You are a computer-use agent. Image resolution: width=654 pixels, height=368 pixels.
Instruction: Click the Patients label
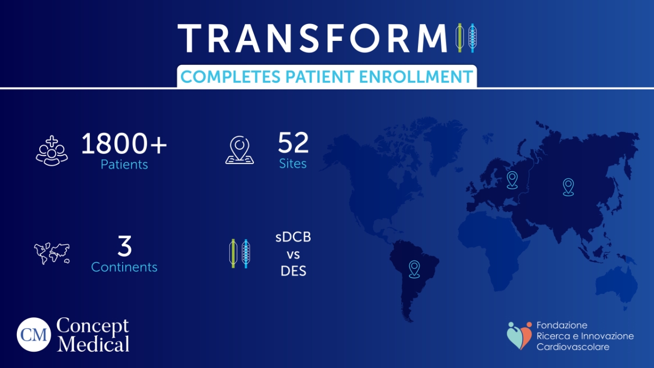tap(124, 164)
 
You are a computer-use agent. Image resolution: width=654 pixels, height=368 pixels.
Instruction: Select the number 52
tap(293, 143)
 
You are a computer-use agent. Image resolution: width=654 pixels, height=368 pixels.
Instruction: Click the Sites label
tap(293, 164)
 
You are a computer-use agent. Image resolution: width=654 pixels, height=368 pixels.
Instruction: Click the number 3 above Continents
tap(125, 246)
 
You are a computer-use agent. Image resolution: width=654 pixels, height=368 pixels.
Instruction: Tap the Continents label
tap(124, 267)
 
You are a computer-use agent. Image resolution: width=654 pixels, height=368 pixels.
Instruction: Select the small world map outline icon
tap(52, 254)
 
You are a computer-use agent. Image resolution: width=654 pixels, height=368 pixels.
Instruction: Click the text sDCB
tap(293, 238)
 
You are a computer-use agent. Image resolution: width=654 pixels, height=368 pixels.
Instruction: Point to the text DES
tap(293, 271)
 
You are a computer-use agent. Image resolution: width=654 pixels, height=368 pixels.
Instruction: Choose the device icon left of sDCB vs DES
tap(239, 254)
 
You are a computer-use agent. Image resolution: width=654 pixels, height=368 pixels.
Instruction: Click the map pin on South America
tap(414, 269)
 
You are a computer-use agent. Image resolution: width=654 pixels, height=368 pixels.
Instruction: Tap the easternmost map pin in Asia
tap(568, 186)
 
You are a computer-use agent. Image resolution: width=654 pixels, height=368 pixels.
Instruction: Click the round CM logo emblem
tap(33, 335)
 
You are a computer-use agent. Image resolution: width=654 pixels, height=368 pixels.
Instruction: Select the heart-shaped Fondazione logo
tap(518, 335)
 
